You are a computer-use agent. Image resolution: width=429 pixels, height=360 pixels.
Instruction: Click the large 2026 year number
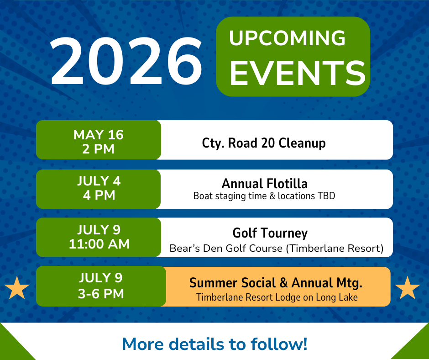126,61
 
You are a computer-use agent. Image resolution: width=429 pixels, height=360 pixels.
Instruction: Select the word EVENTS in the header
298,73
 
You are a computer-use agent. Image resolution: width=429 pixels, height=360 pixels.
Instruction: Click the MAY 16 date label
99,135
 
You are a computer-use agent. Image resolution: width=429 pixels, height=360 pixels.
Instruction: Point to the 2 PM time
98,149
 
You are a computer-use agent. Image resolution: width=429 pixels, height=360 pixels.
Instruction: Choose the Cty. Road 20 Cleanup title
264,143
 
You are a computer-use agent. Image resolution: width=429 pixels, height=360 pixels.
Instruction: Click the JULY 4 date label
99,181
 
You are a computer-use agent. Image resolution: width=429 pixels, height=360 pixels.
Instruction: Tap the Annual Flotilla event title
265,184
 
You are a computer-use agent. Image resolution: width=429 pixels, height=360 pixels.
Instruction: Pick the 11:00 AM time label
99,244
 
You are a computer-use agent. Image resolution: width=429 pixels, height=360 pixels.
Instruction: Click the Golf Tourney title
270,233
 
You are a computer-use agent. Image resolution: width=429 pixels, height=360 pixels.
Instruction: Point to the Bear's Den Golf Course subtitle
276,248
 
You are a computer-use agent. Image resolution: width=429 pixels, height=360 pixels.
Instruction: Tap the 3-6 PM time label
101,294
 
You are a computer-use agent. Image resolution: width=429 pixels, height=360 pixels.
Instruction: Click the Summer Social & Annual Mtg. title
276,283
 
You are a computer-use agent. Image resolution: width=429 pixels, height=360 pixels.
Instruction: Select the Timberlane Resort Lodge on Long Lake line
277,297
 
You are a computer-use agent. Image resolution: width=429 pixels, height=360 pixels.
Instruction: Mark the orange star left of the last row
17,288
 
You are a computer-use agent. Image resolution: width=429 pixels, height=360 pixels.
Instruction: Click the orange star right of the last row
408,288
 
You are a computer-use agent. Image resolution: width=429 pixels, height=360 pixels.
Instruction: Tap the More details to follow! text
215,344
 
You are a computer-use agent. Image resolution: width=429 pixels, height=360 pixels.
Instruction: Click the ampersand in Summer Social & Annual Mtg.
284,283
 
